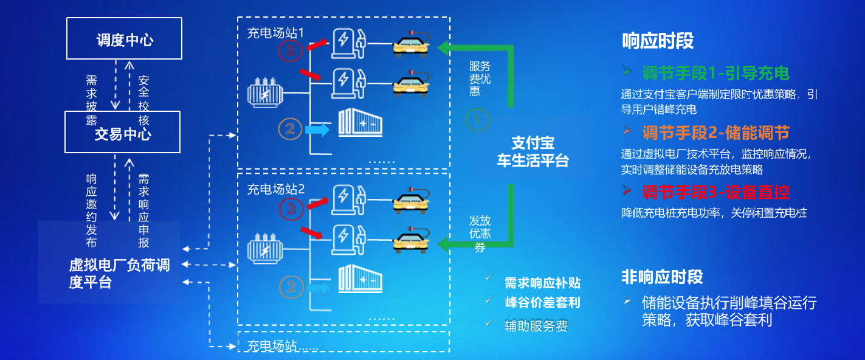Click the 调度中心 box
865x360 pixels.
click(x=124, y=38)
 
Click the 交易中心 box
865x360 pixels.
click(x=122, y=132)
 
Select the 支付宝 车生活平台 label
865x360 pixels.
click(x=532, y=152)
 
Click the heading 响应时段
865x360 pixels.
click(x=658, y=41)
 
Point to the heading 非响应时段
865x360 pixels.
click(x=662, y=277)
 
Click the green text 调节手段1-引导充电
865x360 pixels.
click(x=715, y=74)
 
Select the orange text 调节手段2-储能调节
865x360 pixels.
click(x=715, y=133)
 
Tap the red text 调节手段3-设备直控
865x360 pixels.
click(x=715, y=193)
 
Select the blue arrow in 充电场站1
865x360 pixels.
click(x=316, y=129)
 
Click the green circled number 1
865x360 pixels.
click(x=477, y=119)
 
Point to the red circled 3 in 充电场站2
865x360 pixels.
click(x=291, y=209)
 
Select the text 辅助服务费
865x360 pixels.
click(x=536, y=326)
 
